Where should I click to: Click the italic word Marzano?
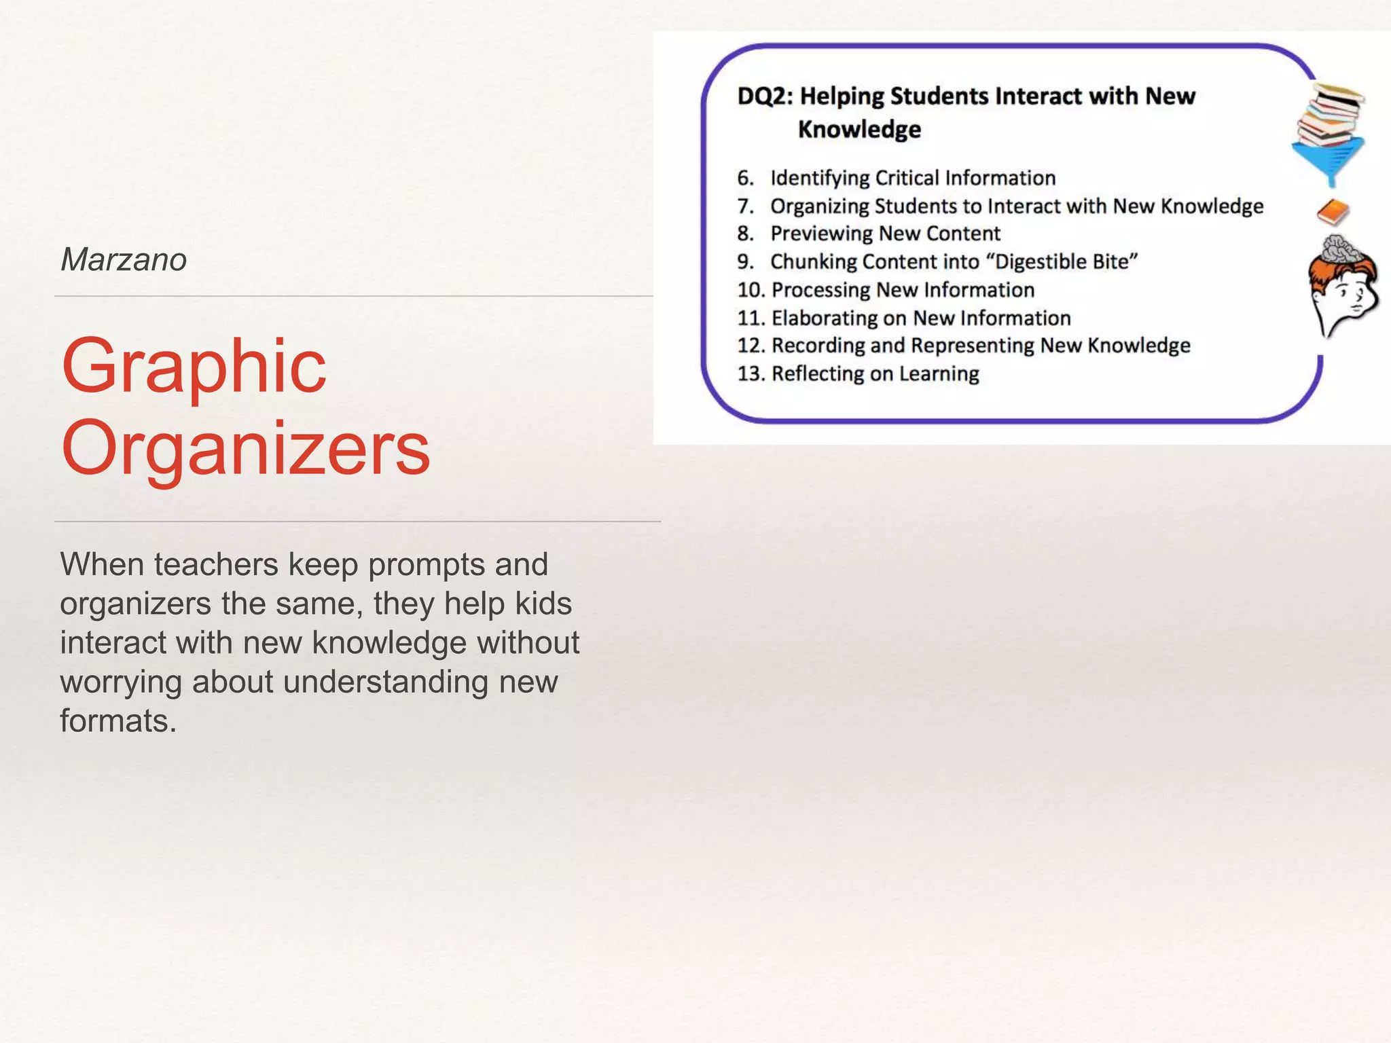[x=124, y=259]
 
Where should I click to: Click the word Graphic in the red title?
[x=194, y=367]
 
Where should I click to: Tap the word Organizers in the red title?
[x=245, y=448]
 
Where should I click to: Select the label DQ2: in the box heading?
[x=765, y=96]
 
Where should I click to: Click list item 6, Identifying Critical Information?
[x=912, y=178]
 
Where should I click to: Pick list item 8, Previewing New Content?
[x=884, y=234]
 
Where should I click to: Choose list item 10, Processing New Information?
[x=903, y=290]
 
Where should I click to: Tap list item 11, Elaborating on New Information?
[x=920, y=318]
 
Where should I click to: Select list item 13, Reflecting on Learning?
[x=875, y=373]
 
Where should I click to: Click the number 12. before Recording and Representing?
[x=751, y=346]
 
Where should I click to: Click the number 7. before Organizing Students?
[x=745, y=206]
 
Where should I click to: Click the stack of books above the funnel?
[x=1330, y=113]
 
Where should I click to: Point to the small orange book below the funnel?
[x=1333, y=213]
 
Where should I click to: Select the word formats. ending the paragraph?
[x=118, y=720]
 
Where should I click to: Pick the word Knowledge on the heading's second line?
[x=859, y=129]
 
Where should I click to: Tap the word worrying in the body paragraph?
[x=120, y=682]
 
